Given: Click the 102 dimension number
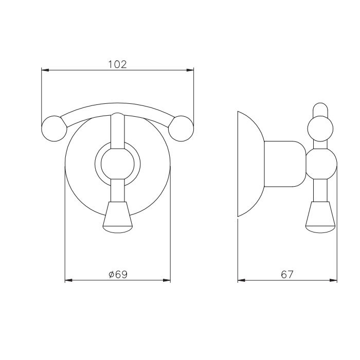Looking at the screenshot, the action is coord(117,64).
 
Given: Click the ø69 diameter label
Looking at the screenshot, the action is coord(118,274).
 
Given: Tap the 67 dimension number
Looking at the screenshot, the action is coord(287,274).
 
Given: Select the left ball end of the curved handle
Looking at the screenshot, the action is coord(54,129).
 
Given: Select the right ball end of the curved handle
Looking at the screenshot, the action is coord(181,129).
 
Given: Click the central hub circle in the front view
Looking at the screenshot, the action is coord(118,164).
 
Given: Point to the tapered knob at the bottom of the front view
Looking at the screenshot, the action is coord(118,217).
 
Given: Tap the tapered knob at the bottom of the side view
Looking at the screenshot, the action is coord(320,217).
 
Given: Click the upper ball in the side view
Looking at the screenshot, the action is coord(320,129).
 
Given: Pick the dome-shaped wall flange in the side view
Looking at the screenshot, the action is coord(251,164).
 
